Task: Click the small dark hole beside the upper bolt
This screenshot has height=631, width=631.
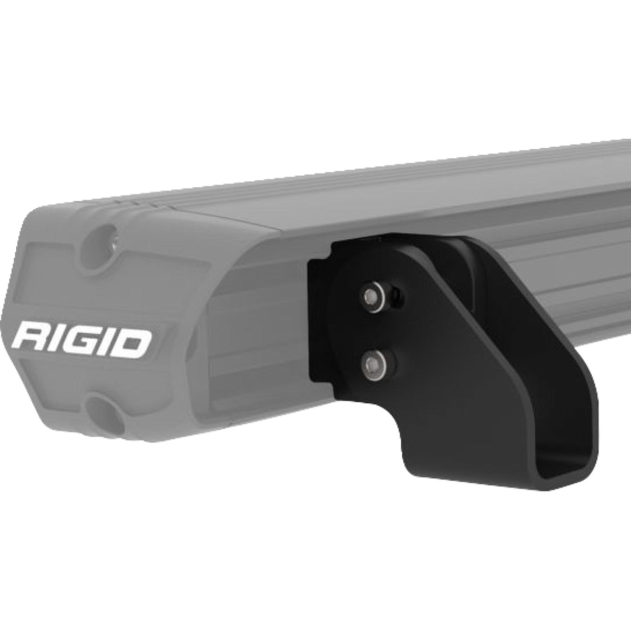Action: (x=398, y=298)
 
